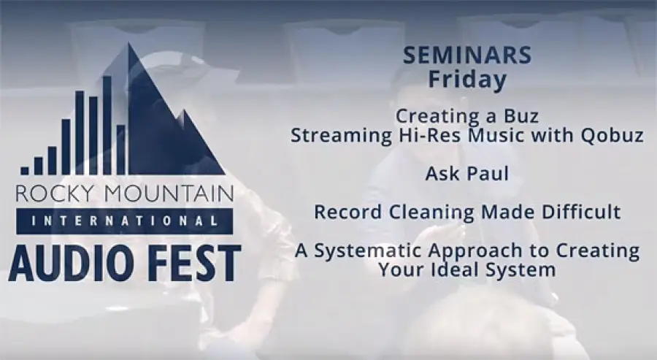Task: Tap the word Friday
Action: [x=467, y=80]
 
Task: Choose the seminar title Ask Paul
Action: [x=467, y=174]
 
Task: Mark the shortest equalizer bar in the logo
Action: [x=25, y=171]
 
